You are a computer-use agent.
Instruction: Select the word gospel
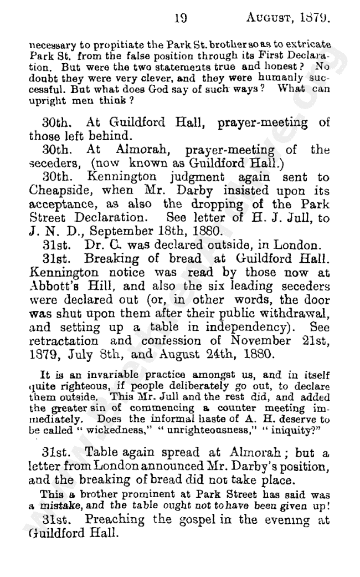point(207,522)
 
